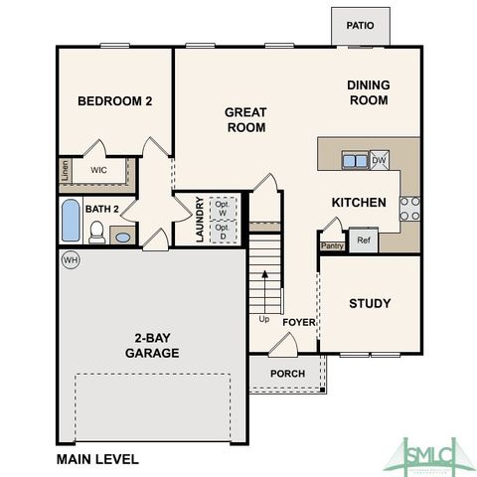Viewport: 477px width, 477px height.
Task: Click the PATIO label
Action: [360, 26]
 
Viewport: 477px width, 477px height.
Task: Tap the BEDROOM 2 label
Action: [114, 100]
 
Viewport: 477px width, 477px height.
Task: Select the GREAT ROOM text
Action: [244, 119]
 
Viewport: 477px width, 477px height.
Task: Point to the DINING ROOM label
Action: [368, 92]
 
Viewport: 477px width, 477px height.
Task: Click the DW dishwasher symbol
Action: [379, 158]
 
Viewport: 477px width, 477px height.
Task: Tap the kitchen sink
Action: [354, 159]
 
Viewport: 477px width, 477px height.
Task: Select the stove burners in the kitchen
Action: [408, 207]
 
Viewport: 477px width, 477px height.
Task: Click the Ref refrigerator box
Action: [363, 239]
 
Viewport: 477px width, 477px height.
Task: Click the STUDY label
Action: [370, 303]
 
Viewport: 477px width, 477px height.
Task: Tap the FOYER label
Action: [298, 323]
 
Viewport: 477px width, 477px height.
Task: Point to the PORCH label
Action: [287, 374]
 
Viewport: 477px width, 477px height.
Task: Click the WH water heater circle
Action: [70, 260]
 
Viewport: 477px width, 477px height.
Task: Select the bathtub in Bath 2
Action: [71, 221]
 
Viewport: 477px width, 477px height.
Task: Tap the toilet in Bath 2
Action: [96, 234]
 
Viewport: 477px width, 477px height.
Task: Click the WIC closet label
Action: [98, 170]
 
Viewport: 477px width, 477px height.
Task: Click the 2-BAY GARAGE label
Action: [152, 345]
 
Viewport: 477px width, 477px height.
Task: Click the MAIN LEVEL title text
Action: [97, 459]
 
